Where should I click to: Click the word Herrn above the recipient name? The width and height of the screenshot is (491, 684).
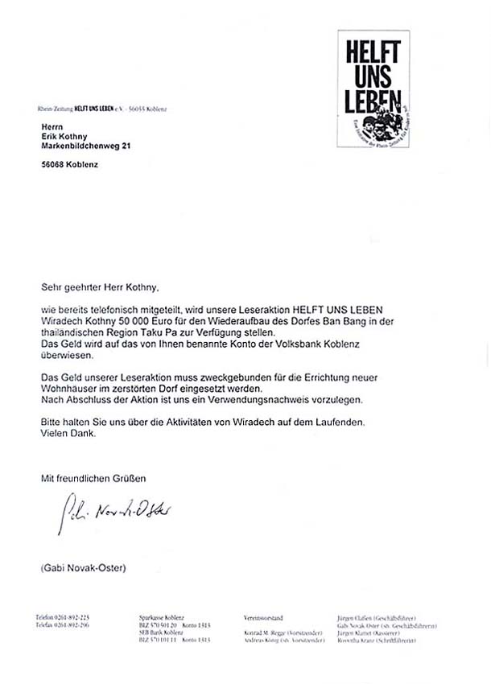click(x=52, y=125)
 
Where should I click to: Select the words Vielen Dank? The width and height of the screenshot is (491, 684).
click(x=68, y=433)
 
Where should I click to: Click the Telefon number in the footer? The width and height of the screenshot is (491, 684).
click(x=61, y=617)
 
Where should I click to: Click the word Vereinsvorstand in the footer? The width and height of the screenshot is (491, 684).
click(x=264, y=617)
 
